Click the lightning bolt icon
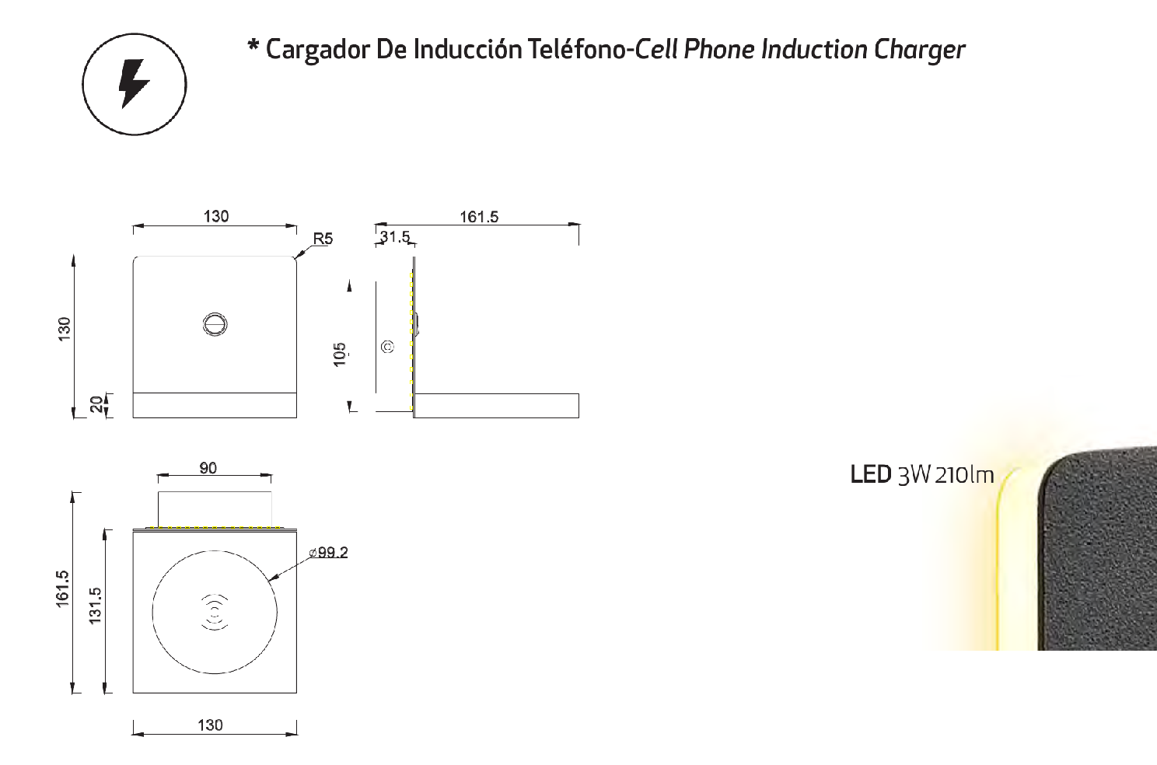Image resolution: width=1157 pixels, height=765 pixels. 134,84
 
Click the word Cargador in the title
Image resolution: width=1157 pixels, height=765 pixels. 318,51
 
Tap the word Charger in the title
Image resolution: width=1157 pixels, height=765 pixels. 919,51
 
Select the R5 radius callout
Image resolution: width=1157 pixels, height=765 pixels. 323,239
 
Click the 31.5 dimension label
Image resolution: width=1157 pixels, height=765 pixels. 395,236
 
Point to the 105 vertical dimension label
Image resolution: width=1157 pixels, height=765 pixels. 339,355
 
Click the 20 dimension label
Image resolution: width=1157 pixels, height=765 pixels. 96,404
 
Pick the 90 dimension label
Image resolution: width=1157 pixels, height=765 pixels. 208,468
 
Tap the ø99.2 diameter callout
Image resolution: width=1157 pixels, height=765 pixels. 328,553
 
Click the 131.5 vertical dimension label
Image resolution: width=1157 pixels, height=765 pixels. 96,606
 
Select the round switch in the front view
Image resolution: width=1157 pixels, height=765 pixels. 215,324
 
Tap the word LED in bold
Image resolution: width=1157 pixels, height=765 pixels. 871,475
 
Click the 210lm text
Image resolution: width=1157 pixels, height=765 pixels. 964,475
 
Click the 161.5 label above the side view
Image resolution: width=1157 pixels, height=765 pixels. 479,217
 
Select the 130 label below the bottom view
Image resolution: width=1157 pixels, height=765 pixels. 210,725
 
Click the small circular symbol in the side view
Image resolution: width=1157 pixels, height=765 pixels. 387,346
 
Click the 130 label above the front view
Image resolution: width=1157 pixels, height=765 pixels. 216,216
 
